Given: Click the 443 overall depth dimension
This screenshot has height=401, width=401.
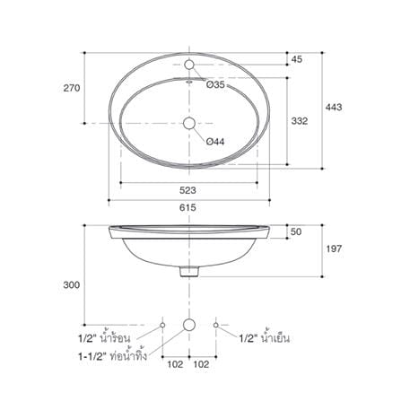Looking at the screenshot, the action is [334, 107].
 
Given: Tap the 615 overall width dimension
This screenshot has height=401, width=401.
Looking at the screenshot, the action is [187, 207].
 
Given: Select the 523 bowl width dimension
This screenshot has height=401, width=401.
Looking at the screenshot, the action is [187, 190].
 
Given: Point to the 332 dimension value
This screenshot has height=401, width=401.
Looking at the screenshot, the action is [300, 121].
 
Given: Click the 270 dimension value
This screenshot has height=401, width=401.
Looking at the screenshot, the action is [72, 88].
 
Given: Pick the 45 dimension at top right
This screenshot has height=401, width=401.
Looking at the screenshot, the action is [297, 59].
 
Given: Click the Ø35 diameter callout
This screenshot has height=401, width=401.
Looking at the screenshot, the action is [215, 84].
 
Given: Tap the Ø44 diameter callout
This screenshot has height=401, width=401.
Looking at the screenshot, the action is [215, 142].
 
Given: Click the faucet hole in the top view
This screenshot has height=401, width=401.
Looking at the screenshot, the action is [189, 65].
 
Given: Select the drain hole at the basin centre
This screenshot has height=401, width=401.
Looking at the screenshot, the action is [189, 123].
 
